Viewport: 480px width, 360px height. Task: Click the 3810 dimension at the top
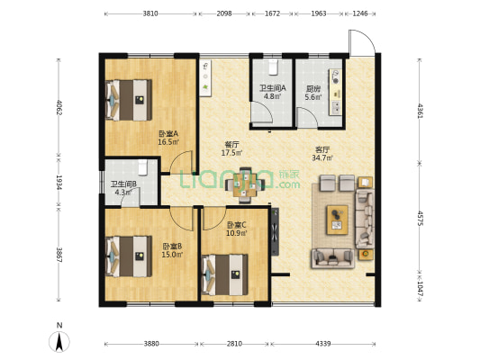pyautogui.click(x=150, y=13)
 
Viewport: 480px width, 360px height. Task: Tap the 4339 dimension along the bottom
pyautogui.click(x=323, y=344)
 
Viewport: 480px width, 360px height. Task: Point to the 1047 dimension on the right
pyautogui.click(x=421, y=288)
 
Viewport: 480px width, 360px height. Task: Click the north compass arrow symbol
pyautogui.click(x=59, y=341)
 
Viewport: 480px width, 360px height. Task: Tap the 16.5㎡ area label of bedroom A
pyautogui.click(x=168, y=142)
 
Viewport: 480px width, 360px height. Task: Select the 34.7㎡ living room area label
pyautogui.click(x=322, y=158)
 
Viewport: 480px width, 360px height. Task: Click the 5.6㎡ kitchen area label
pyautogui.click(x=313, y=97)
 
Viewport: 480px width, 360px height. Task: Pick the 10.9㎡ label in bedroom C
pyautogui.click(x=237, y=233)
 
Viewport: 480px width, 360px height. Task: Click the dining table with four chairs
pyautogui.click(x=245, y=185)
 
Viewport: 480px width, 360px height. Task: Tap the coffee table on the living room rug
pyautogui.click(x=338, y=220)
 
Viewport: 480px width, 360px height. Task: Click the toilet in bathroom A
pyautogui.click(x=273, y=67)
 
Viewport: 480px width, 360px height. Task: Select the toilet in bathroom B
pyautogui.click(x=143, y=167)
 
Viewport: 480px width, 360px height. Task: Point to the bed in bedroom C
pyautogui.click(x=224, y=275)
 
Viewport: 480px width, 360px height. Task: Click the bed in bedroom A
pyautogui.click(x=129, y=100)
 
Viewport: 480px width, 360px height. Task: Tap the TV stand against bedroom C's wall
pyautogui.click(x=275, y=231)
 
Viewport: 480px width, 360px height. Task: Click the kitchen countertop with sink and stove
pyautogui.click(x=336, y=92)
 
